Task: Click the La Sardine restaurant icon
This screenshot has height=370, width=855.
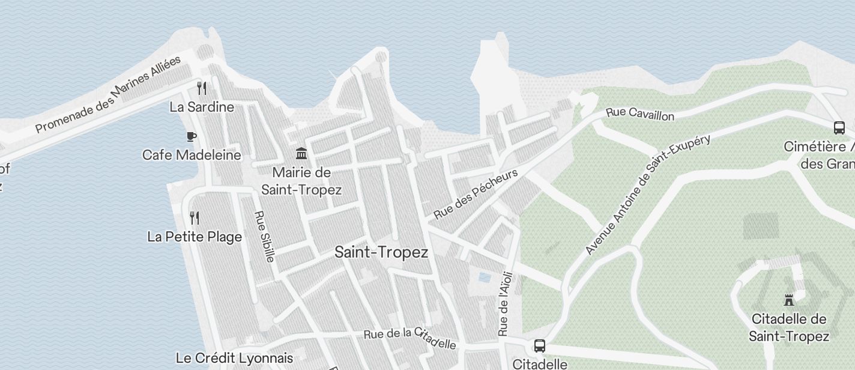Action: (202, 88)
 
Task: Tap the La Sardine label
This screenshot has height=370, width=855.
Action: (202, 108)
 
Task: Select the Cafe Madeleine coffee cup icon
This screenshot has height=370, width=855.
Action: (191, 136)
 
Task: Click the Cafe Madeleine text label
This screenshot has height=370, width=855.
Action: (192, 155)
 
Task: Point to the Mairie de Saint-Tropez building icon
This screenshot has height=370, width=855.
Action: (301, 154)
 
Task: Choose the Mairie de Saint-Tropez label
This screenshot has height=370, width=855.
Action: (301, 181)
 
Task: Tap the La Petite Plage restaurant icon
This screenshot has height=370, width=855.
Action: (194, 217)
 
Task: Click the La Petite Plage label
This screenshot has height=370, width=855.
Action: (195, 237)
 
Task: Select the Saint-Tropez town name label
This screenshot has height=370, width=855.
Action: (381, 252)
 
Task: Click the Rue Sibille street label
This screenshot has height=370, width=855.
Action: (264, 236)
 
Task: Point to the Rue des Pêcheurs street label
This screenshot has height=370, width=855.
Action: (476, 194)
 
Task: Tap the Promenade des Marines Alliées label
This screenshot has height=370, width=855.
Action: (108, 94)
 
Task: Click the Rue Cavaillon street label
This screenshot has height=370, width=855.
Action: (640, 114)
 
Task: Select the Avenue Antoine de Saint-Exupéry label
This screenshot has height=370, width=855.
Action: (648, 194)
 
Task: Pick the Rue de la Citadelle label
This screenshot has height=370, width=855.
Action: (410, 339)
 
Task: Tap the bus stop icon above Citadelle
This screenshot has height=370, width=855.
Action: (540, 346)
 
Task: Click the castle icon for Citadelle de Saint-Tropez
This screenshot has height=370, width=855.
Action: (789, 300)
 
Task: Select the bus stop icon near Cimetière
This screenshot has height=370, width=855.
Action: (839, 127)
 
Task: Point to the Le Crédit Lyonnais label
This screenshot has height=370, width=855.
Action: (234, 358)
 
